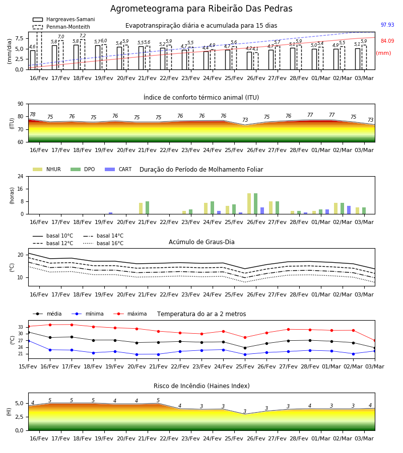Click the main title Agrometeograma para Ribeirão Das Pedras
point(201,9)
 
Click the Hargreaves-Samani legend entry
point(64,19)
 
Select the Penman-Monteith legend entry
point(61,27)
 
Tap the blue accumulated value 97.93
point(387,25)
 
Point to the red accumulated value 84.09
point(387,41)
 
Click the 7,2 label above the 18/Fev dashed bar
point(83,36)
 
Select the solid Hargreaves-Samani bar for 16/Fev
point(33,60)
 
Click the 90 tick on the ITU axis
point(21,104)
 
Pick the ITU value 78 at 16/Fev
point(33,114)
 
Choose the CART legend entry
point(118,169)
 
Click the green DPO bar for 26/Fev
point(255,204)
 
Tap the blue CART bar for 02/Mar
point(349,210)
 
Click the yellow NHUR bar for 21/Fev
point(141,208)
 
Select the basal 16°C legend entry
point(103,243)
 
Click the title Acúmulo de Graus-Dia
point(201,242)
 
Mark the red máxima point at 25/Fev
point(245,337)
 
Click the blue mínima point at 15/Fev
point(28,341)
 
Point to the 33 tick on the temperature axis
point(21,327)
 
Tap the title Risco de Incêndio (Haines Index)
point(201,386)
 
